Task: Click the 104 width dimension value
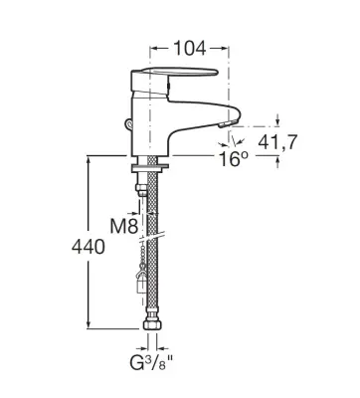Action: point(190,49)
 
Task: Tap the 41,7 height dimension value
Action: point(277,142)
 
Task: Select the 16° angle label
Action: point(234,159)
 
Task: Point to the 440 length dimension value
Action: point(89,247)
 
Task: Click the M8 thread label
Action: point(124,227)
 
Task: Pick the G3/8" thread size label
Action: point(151,363)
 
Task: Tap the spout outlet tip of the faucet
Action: point(228,123)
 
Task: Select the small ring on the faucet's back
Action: point(129,124)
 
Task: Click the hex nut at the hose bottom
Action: point(152,324)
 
